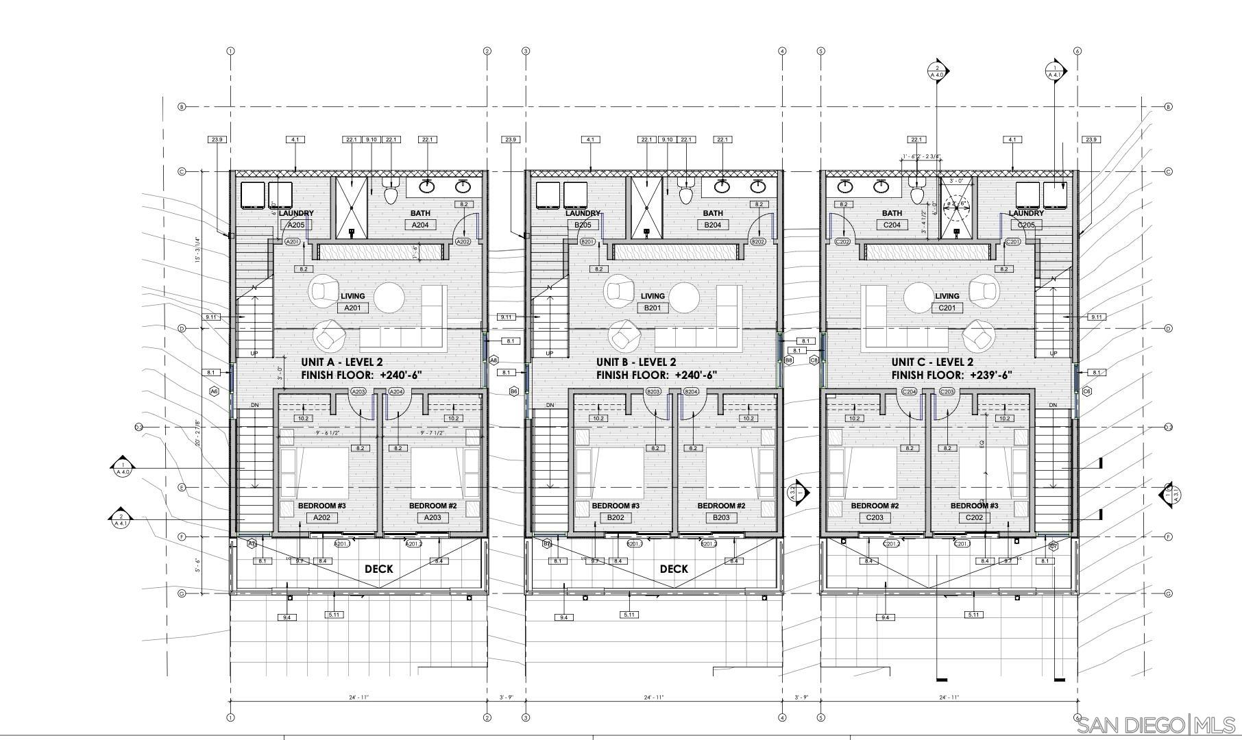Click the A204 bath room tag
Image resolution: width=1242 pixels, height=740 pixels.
coord(419,225)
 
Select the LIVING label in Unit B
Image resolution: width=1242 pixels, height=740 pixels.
coord(653,296)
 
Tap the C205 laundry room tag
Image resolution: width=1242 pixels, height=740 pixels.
coord(1026,225)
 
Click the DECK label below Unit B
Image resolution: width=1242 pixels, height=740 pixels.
coord(674,569)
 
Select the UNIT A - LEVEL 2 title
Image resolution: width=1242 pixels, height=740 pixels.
coord(342,362)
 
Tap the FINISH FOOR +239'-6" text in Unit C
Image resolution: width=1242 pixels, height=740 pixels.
coord(951,375)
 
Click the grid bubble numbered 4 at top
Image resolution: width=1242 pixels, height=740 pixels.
coord(782,51)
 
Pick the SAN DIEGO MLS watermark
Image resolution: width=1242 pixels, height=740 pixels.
coord(1156,725)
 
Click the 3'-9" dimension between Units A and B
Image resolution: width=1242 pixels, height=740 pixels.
coord(506,698)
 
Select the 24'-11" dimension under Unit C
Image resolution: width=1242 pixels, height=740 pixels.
coord(949,698)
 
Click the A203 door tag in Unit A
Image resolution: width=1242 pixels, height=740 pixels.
coord(358,392)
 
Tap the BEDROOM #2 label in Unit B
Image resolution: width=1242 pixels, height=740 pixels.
coord(721,506)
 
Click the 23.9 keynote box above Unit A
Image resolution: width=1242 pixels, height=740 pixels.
coord(217,140)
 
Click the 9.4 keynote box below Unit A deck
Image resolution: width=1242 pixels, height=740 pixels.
coord(287,617)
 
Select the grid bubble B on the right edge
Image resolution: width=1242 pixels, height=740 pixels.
coord(1168,107)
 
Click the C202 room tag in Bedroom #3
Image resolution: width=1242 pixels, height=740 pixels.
coord(974,517)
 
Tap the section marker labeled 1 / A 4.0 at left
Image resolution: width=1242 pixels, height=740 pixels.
coord(123,467)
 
